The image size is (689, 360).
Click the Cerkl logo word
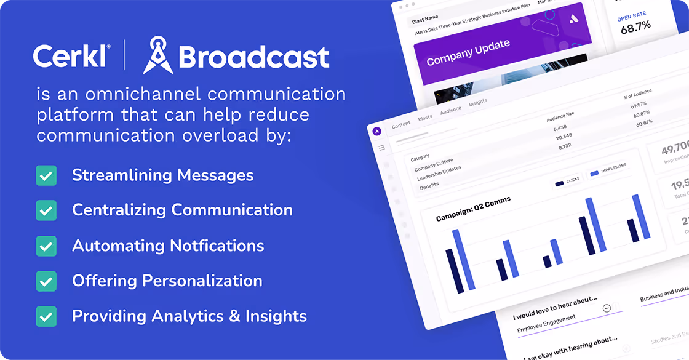coord(71,56)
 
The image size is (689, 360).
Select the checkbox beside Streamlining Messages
coord(46,175)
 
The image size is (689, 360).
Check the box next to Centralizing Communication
coord(46,210)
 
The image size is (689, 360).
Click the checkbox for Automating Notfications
coord(46,246)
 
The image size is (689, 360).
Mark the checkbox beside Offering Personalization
coord(46,281)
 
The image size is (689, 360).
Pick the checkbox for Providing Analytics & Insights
coord(46,316)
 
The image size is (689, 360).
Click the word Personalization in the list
coord(202,281)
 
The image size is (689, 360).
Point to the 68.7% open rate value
coord(635,27)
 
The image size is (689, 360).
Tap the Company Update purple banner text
coord(468,52)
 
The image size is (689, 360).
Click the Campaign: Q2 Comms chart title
coord(473,209)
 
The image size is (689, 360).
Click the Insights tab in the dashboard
coord(477,103)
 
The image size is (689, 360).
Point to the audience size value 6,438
coord(559,128)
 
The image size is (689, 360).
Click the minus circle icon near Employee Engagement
coord(607,308)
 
